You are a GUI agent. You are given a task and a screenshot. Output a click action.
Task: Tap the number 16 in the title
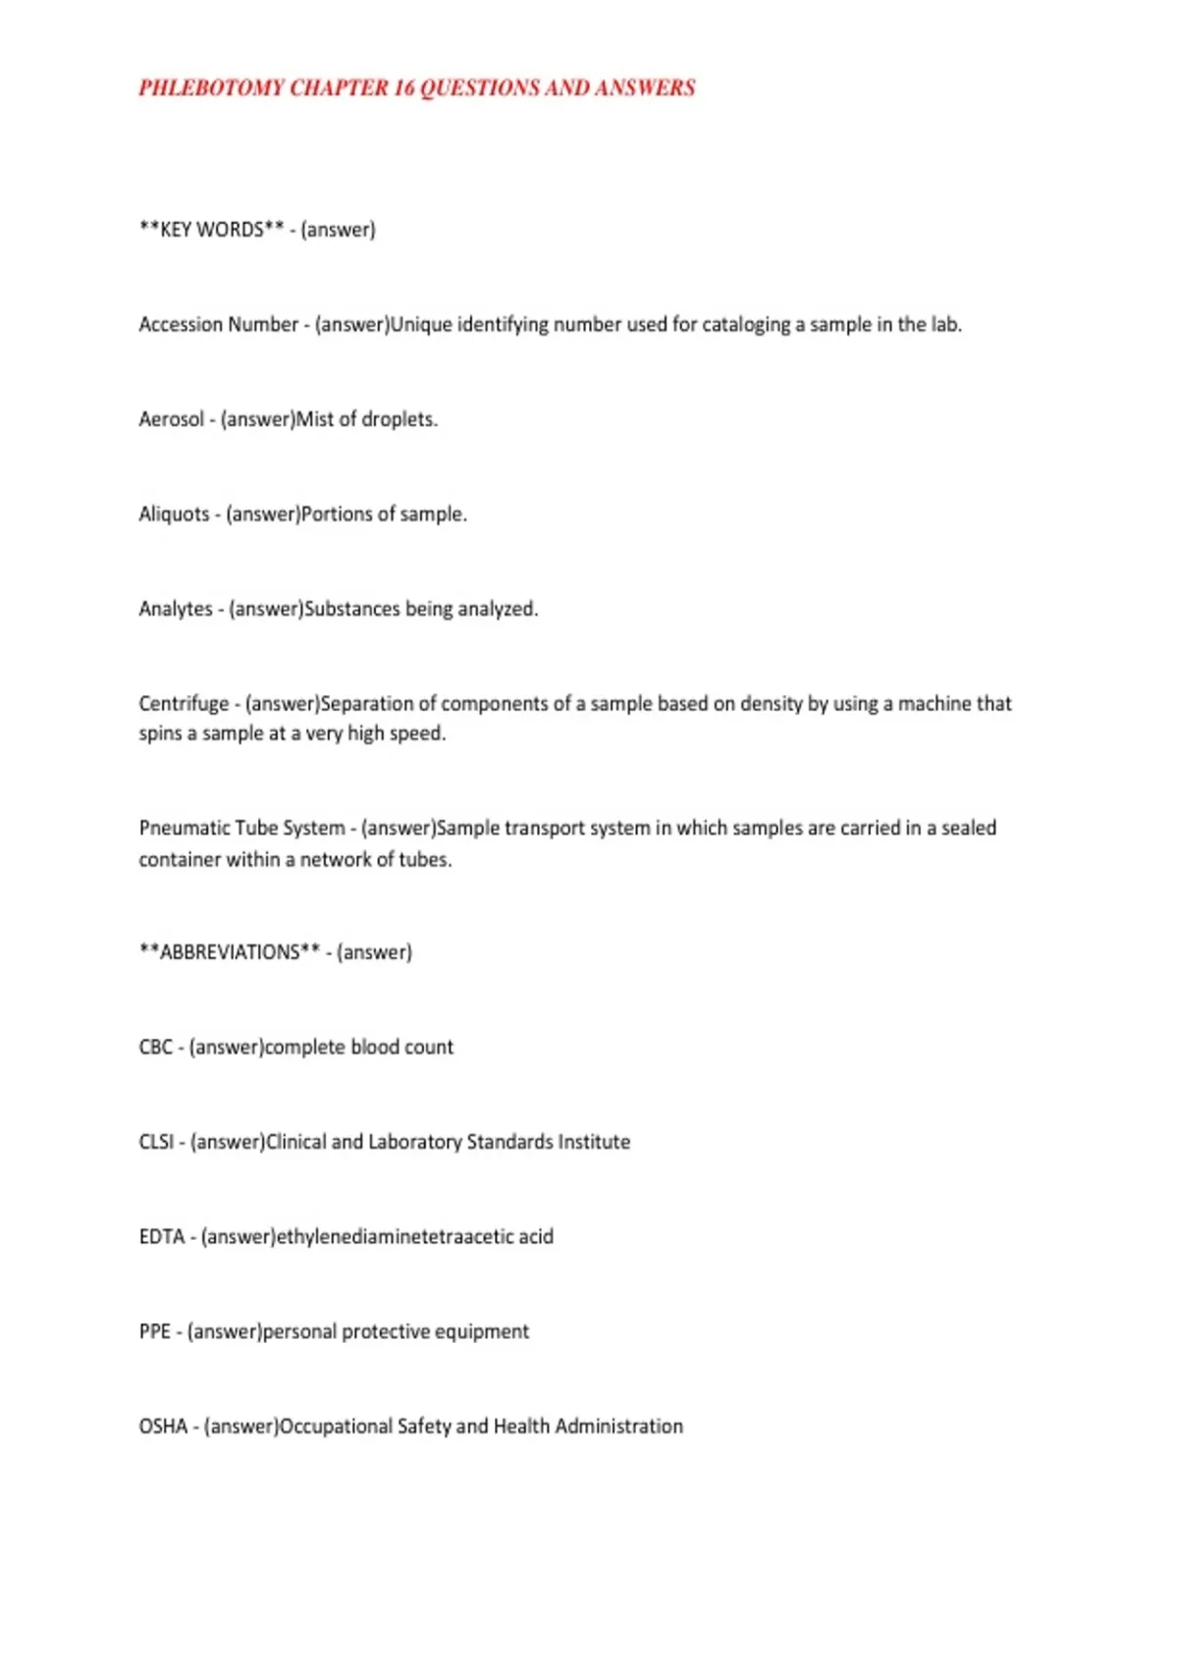404,88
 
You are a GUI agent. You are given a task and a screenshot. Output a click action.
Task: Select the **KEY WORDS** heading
211,230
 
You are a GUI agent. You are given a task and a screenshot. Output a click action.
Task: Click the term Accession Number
218,325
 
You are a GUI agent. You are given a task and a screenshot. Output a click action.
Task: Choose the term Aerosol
171,419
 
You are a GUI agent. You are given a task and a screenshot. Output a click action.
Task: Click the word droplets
399,419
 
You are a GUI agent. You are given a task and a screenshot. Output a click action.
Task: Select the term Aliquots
174,514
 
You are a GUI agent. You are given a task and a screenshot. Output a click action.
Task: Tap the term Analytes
176,609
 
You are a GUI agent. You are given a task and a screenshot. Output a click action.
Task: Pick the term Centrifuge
184,704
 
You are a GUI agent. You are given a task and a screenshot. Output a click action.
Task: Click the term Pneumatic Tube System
241,829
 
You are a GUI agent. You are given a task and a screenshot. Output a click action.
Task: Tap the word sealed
968,829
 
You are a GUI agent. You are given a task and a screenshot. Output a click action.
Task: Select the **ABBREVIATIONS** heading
230,952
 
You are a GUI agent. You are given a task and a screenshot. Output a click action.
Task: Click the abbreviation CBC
155,1048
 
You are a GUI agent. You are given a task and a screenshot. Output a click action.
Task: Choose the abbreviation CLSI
156,1143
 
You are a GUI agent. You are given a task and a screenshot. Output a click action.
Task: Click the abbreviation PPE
154,1332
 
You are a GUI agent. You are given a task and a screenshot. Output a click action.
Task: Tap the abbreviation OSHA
163,1427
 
